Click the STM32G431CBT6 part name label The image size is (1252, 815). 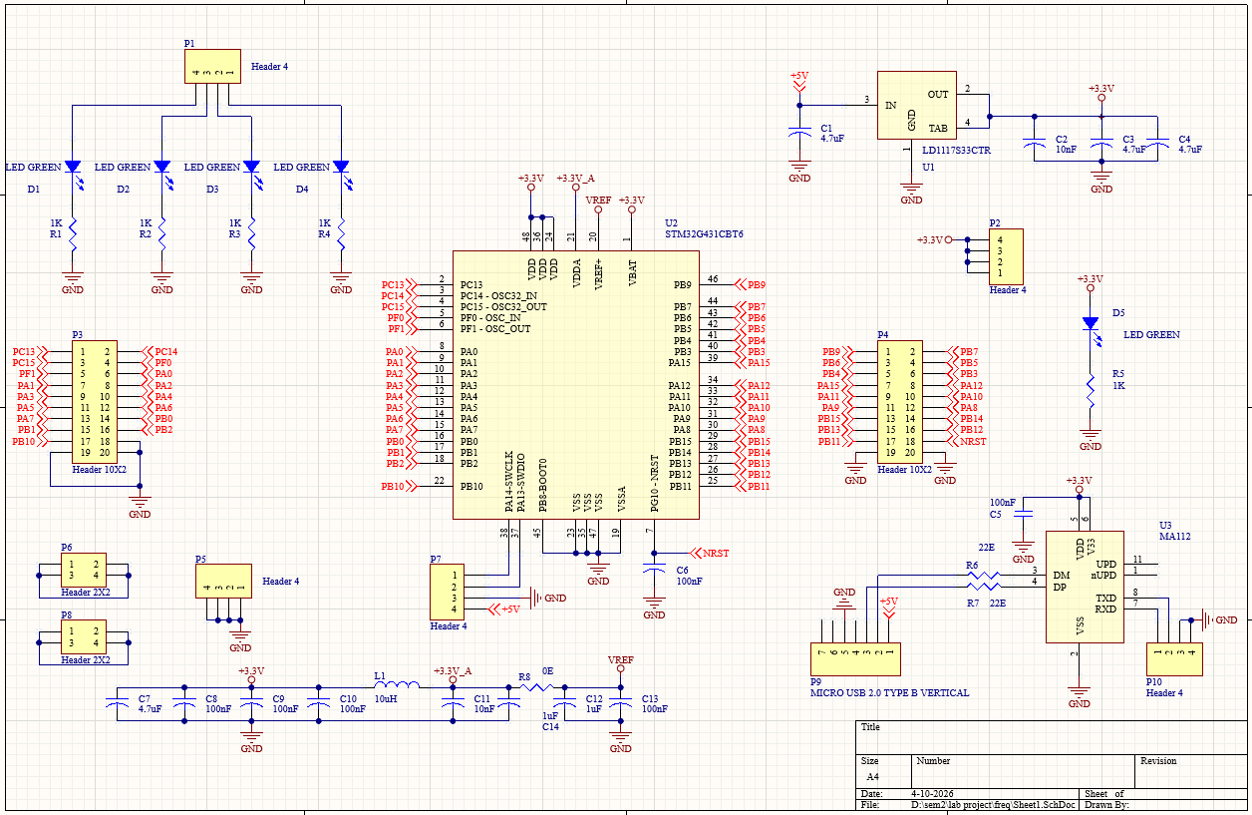(704, 234)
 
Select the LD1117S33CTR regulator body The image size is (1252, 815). (916, 105)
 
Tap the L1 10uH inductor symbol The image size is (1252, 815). (397, 686)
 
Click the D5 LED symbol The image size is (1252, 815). (1091, 324)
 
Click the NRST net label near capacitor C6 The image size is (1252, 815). (715, 552)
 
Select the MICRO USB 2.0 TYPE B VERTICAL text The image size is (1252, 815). (889, 692)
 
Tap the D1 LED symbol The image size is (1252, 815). (73, 167)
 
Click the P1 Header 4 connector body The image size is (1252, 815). (212, 67)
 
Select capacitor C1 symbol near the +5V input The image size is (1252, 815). (798, 134)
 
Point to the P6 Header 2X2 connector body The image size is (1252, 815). (84, 571)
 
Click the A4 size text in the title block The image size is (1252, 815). (872, 775)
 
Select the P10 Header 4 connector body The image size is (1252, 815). (1173, 658)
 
